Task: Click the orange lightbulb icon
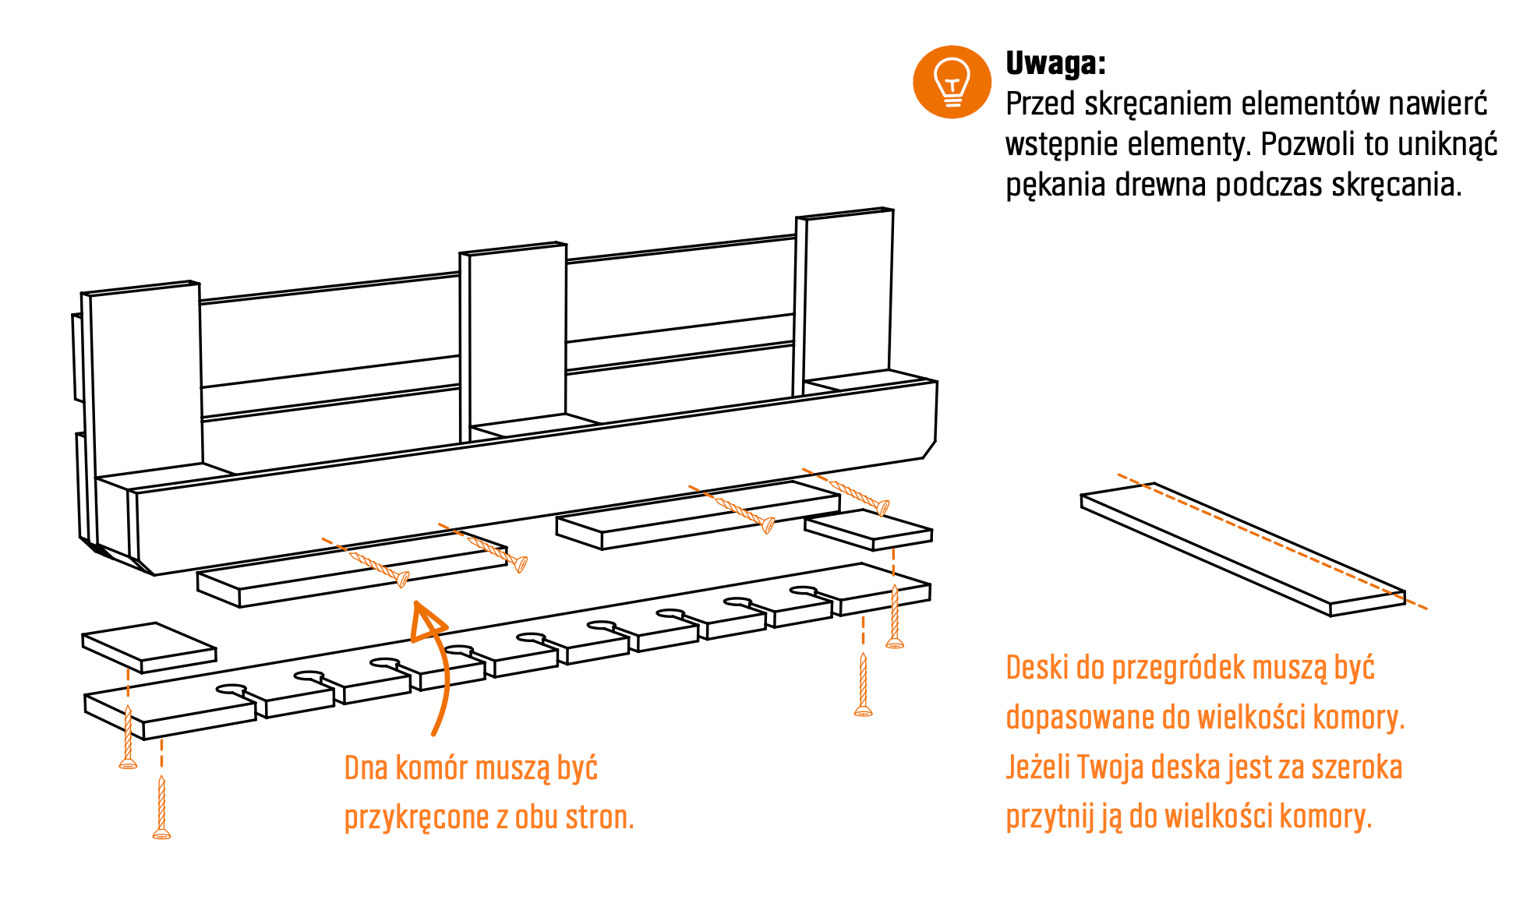(x=952, y=82)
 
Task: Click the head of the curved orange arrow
(x=427, y=621)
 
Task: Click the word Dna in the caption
(x=366, y=768)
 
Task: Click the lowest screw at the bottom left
(x=161, y=807)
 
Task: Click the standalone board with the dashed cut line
(x=1242, y=549)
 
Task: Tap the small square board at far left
(x=149, y=648)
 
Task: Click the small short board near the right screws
(x=868, y=530)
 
